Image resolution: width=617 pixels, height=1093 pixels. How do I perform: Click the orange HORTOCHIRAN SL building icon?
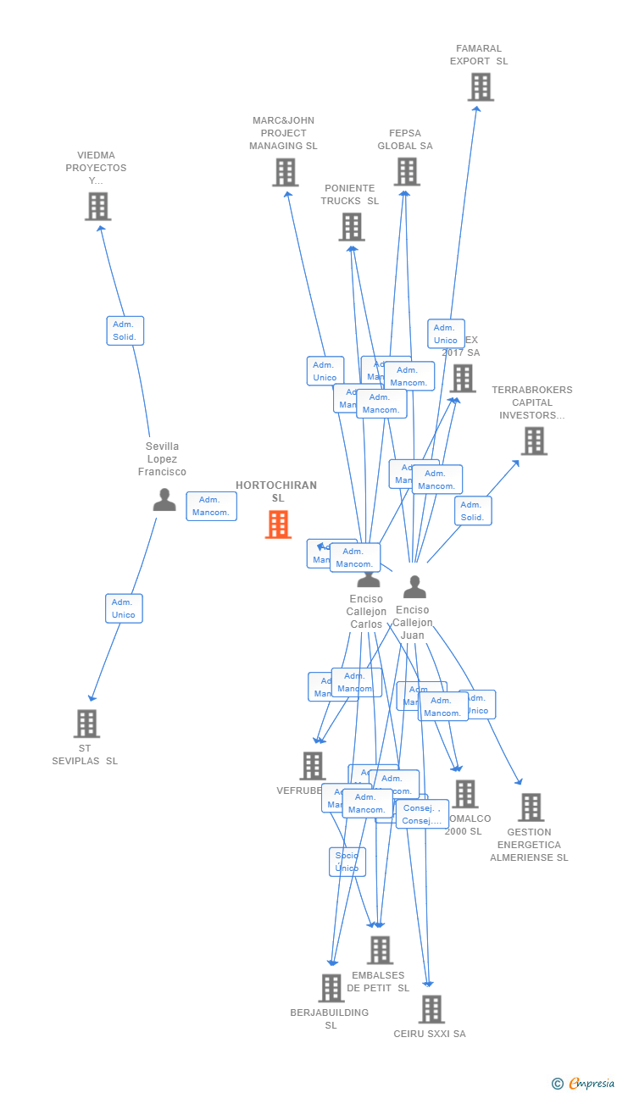[x=278, y=524]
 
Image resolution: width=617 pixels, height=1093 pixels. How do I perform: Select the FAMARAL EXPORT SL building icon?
[x=481, y=86]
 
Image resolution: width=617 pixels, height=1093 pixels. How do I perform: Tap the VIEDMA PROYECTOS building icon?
[x=98, y=206]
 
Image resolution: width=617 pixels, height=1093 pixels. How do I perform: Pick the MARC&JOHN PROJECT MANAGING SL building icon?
[x=286, y=172]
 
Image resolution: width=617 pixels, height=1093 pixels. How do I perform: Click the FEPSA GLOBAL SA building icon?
[x=407, y=171]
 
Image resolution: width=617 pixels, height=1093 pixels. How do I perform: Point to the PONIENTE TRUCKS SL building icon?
[x=352, y=226]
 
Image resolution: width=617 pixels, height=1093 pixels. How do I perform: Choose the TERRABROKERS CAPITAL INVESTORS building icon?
[x=534, y=441]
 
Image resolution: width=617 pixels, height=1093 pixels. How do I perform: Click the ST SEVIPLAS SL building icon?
[x=86, y=724]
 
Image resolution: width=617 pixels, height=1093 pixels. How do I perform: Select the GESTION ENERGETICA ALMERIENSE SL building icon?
[x=531, y=807]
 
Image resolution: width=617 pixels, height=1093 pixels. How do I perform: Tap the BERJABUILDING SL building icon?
[x=331, y=988]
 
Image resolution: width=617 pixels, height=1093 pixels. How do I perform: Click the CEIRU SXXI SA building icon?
[x=431, y=1009]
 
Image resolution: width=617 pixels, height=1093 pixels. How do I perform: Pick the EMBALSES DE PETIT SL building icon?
[x=380, y=950]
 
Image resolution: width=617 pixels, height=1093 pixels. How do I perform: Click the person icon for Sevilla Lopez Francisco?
[x=164, y=500]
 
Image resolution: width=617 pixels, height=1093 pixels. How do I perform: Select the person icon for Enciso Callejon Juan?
[x=414, y=586]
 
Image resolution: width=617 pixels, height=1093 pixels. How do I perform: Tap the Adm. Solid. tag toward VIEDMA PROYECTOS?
[x=125, y=330]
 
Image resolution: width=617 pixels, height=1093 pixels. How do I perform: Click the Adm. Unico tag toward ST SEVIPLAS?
[x=124, y=608]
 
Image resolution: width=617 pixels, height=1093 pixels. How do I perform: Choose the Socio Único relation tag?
[x=347, y=862]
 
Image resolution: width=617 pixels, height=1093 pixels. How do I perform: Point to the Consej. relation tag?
[x=422, y=814]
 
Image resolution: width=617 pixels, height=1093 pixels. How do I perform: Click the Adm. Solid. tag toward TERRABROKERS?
[x=473, y=511]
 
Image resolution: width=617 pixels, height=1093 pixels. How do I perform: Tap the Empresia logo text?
[x=592, y=1083]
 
